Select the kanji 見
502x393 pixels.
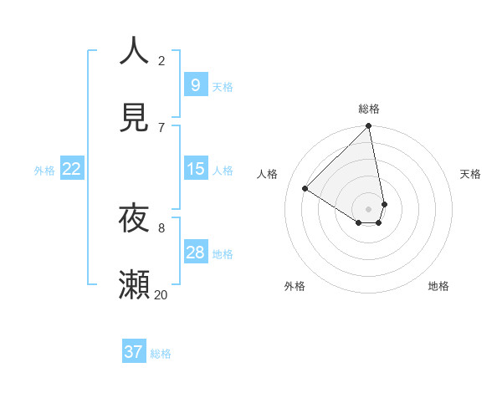(x=135, y=117)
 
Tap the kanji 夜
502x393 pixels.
(x=135, y=218)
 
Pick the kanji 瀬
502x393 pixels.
(x=135, y=285)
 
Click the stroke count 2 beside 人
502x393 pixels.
(x=161, y=60)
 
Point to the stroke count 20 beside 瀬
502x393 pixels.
(x=161, y=294)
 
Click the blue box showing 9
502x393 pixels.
(x=195, y=85)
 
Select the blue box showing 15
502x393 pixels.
(x=195, y=169)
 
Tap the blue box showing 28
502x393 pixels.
(x=195, y=253)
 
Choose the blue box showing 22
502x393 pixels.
(x=72, y=169)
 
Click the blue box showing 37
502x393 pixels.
(x=134, y=352)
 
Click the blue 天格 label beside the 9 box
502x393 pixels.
(x=223, y=86)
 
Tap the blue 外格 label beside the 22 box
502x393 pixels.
(x=44, y=170)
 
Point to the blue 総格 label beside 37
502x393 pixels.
(x=161, y=354)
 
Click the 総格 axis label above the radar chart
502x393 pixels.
(x=369, y=109)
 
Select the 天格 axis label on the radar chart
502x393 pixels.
(x=470, y=174)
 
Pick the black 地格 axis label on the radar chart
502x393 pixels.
(x=438, y=286)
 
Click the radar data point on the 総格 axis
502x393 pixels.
(x=369, y=127)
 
